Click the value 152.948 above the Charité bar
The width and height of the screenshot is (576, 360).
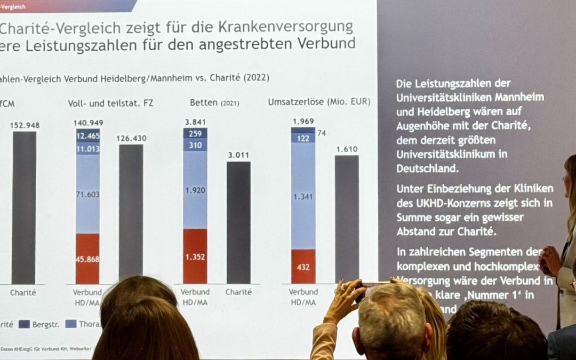(25, 125)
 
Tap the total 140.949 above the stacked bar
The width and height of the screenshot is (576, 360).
(88, 123)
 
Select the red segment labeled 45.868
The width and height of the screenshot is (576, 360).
(87, 259)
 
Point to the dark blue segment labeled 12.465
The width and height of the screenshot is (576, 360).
(87, 136)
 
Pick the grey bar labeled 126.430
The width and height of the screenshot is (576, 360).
(131, 211)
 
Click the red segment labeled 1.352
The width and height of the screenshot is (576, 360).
(195, 256)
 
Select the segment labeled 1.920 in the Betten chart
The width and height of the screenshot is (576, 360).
(195, 190)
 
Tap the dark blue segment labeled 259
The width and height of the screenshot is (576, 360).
(195, 133)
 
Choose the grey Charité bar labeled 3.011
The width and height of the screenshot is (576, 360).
(238, 221)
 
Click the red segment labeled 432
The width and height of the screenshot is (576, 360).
(303, 267)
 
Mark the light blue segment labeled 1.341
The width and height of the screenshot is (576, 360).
(303, 197)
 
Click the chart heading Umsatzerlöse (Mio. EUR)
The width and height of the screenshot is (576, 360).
(319, 102)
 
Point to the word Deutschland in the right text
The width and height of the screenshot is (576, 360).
(426, 168)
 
